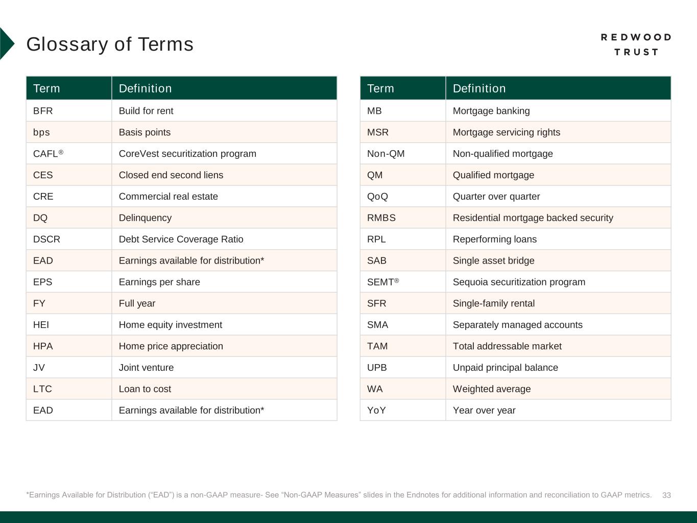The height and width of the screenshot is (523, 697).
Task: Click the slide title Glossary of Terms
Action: tap(110, 44)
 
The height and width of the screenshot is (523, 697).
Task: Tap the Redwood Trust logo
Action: tap(636, 44)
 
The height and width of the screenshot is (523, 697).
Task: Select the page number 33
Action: tap(666, 495)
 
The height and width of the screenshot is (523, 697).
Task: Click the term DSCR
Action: tap(46, 239)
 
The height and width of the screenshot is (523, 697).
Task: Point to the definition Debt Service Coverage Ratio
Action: tap(181, 239)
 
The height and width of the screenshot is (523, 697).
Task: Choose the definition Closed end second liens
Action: tap(171, 175)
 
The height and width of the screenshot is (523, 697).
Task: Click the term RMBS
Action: tap(381, 218)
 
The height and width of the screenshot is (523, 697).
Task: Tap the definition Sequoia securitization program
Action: tap(519, 282)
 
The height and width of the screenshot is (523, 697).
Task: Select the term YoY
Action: tap(376, 410)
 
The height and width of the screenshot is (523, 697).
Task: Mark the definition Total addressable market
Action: tap(507, 346)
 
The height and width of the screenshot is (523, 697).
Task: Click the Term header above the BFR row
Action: tap(46, 88)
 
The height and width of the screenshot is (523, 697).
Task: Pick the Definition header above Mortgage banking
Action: tap(479, 88)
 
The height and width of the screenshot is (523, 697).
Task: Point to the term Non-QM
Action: tap(386, 154)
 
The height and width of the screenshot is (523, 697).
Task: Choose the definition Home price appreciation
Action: tap(171, 346)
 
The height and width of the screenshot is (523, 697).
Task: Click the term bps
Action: tap(41, 132)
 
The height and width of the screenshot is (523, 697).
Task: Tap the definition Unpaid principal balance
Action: tap(505, 368)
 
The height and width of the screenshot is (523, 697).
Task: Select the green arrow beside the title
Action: tap(7, 44)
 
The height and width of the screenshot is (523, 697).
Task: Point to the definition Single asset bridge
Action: tap(493, 260)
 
